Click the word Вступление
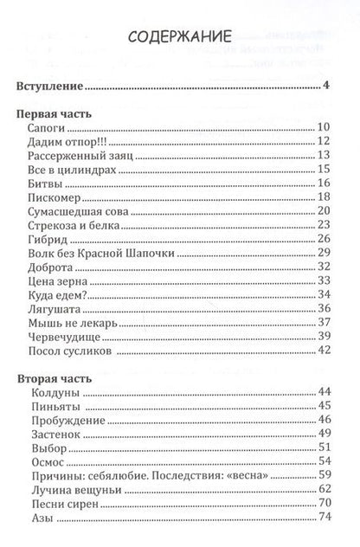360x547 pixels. tap(51, 86)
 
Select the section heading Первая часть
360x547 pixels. tap(56, 114)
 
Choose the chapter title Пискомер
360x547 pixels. tap(55, 197)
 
